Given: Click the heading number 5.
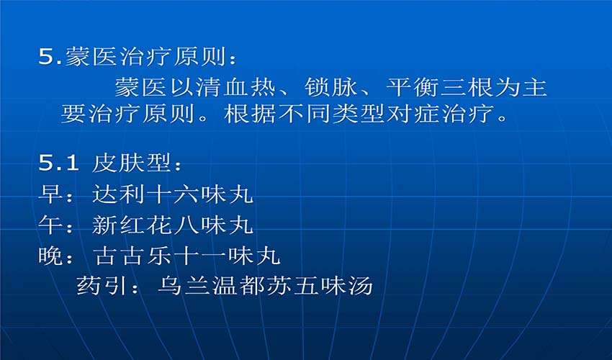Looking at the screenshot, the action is [48, 57].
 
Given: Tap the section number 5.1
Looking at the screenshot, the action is [58, 163].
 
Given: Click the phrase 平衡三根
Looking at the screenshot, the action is [439, 87].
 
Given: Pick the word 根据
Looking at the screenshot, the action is [251, 114].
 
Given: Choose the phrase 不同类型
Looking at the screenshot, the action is [332, 114].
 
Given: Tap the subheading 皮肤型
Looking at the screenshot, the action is [132, 163].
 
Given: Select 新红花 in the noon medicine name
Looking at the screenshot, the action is [132, 225].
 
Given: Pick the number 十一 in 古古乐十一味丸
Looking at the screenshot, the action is [200, 256].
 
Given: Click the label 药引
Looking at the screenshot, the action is [103, 286].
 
